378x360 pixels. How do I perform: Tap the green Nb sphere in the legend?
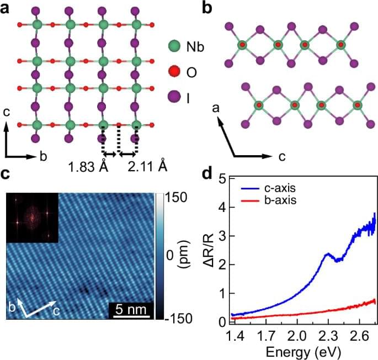173,48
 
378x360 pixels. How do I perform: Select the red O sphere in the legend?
173,72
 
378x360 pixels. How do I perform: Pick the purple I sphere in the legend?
173,97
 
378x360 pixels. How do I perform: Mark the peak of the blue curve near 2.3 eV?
327,254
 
